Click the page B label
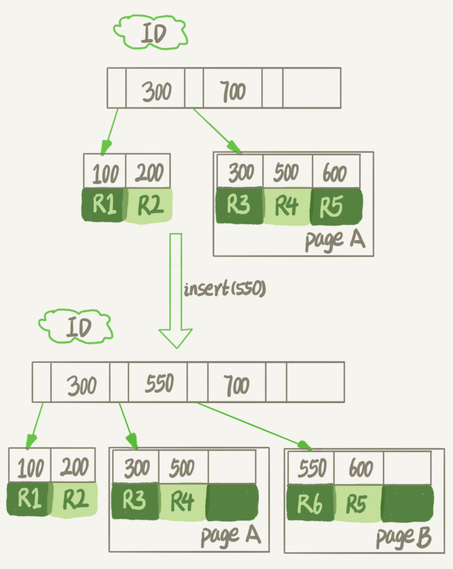403,538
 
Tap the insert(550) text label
224,289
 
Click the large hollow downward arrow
175,289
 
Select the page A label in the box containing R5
335,239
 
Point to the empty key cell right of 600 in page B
407,467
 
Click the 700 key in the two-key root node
233,91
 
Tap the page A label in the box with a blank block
230,537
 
